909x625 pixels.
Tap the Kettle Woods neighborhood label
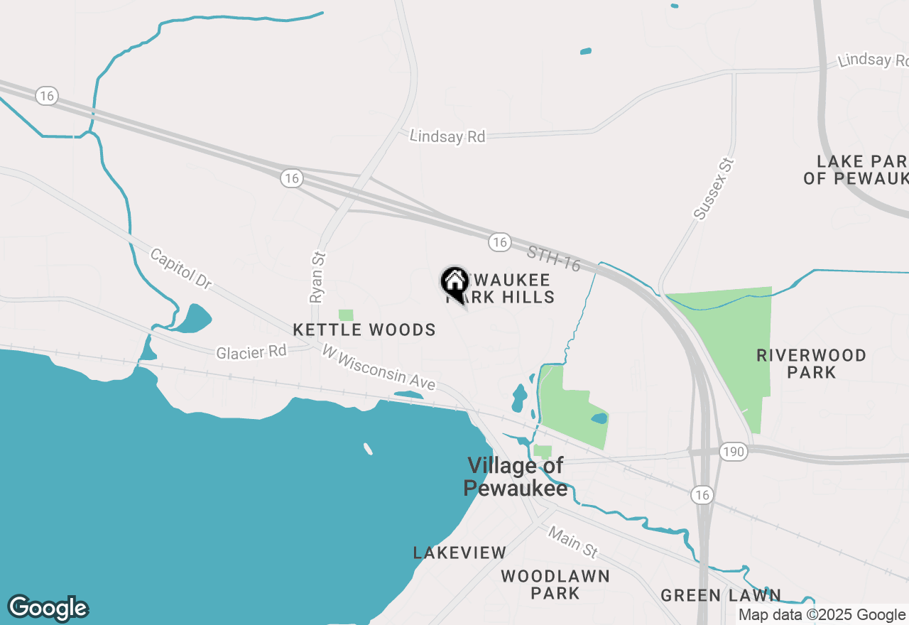tap(364, 330)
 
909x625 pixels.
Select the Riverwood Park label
tap(811, 364)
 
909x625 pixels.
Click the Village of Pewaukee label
tap(515, 477)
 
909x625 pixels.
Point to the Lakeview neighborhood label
tap(460, 553)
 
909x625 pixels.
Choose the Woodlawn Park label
tap(555, 584)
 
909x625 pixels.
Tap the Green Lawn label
tap(721, 595)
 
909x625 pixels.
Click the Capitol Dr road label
tap(181, 268)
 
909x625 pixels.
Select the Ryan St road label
tap(317, 278)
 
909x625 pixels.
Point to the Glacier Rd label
tap(251, 352)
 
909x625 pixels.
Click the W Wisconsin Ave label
tap(378, 366)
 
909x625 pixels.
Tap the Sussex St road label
tap(712, 189)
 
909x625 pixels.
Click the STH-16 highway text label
tap(554, 259)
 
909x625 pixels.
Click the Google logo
tap(48, 608)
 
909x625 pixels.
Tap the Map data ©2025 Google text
tap(822, 615)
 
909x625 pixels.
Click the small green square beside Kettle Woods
tap(346, 315)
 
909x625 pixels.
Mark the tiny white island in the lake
tap(368, 448)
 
